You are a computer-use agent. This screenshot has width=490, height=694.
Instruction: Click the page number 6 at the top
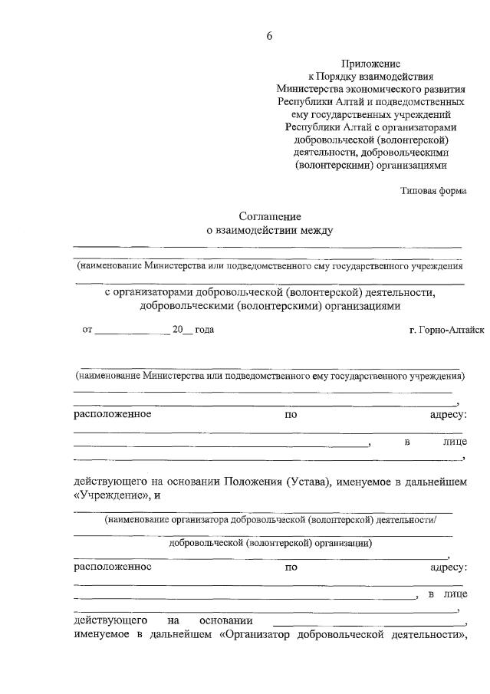pyautogui.click(x=269, y=36)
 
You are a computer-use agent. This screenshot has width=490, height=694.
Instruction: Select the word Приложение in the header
pyautogui.click(x=370, y=64)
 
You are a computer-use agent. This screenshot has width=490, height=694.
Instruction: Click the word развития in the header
pyautogui.click(x=442, y=89)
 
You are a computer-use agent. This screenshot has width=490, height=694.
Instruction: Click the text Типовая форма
pyautogui.click(x=432, y=190)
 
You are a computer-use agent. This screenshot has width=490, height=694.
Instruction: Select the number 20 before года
pyautogui.click(x=177, y=330)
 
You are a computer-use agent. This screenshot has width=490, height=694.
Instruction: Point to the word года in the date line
pyautogui.click(x=203, y=330)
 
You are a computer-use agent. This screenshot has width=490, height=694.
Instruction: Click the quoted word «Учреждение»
pyautogui.click(x=107, y=495)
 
